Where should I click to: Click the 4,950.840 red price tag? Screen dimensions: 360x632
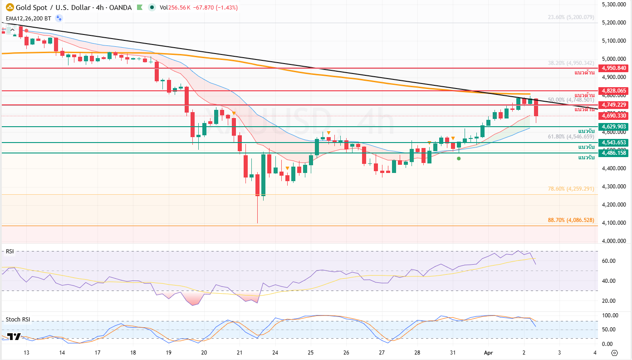pyautogui.click(x=614, y=68)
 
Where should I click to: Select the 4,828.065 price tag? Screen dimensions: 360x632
pyautogui.click(x=614, y=91)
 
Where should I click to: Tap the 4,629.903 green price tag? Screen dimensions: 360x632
pyautogui.click(x=614, y=127)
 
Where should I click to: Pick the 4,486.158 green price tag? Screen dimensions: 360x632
pyautogui.click(x=614, y=153)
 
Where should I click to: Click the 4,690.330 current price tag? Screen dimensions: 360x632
pyautogui.click(x=614, y=116)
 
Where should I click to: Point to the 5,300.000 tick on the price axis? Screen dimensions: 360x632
pyautogui.click(x=614, y=5)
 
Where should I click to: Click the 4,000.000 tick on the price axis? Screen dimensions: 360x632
pyautogui.click(x=614, y=241)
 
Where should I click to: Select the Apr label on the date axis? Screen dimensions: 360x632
pyautogui.click(x=488, y=352)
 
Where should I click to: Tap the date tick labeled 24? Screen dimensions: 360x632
pyautogui.click(x=275, y=352)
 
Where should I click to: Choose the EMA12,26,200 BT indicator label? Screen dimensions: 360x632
pyautogui.click(x=28, y=19)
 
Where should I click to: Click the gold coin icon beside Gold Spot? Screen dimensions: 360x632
pyautogui.click(x=9, y=8)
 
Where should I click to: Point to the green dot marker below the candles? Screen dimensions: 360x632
pyautogui.click(x=459, y=158)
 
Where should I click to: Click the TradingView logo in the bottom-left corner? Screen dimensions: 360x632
pyautogui.click(x=14, y=336)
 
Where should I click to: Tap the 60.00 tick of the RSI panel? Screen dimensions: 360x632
pyautogui.click(x=608, y=261)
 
